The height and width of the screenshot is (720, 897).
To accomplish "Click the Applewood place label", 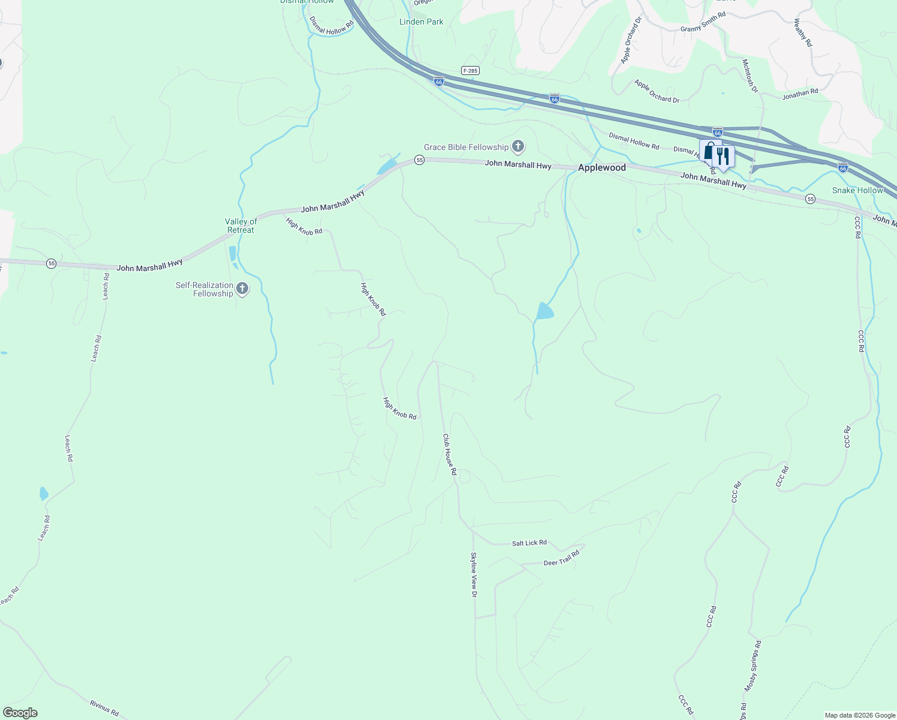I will coord(601,168).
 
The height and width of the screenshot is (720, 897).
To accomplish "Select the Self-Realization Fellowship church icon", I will coord(242,289).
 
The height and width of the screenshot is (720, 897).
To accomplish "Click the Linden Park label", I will coord(422,22).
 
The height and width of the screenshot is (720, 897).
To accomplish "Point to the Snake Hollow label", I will coord(857,190).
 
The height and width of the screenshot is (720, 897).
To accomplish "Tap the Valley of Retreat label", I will coord(240,226).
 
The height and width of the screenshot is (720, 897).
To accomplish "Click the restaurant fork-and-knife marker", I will coord(724,157).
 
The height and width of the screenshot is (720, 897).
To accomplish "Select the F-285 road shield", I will coord(470,71).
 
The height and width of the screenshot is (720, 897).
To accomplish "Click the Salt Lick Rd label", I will coord(529,543).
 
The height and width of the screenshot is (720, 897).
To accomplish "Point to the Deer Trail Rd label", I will coord(561,559).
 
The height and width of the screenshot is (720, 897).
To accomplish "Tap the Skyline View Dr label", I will coord(474,574).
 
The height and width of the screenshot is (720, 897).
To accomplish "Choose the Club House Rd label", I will coord(450,455).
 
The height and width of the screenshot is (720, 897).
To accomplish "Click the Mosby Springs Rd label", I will coord(753,665).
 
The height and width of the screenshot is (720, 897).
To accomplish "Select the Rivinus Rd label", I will coord(104,708).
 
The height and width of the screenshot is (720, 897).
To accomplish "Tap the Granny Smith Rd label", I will coord(703,23).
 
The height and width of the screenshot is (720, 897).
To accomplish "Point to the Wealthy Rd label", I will coord(802,32).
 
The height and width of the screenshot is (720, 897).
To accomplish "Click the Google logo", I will coord(20,713).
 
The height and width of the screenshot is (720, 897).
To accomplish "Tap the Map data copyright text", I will coord(859,715).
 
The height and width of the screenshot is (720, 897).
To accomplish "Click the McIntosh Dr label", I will coord(750,76).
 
